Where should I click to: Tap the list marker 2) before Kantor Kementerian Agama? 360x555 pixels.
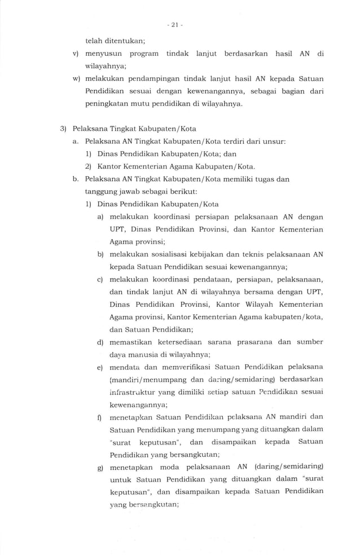pyautogui.click(x=88, y=166)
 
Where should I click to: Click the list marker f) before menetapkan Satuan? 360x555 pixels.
pyautogui.click(x=100, y=418)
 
